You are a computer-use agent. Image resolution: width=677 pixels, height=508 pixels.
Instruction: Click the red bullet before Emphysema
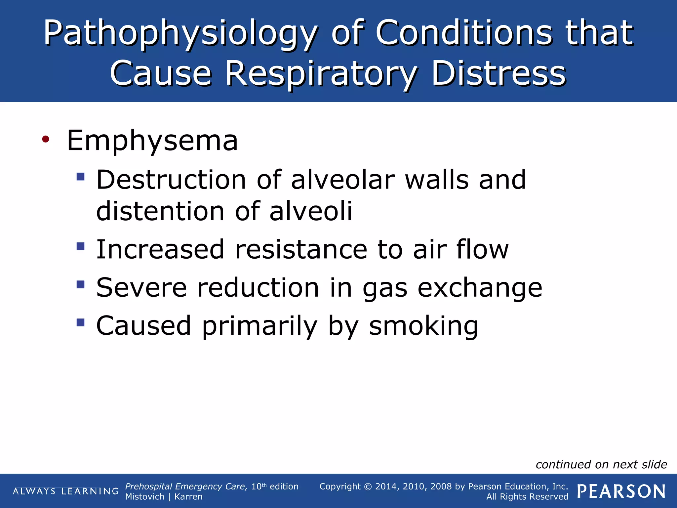pyautogui.click(x=46, y=139)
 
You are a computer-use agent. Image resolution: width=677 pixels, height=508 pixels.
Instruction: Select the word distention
pyautogui.click(x=160, y=211)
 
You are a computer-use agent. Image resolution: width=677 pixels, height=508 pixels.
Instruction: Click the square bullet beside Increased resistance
pyautogui.click(x=80, y=246)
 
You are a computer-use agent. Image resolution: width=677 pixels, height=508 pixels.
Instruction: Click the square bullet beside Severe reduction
pyautogui.click(x=80, y=284)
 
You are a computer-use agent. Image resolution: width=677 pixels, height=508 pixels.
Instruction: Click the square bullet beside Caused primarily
pyautogui.click(x=80, y=322)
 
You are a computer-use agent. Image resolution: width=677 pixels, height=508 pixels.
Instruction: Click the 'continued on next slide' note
pyautogui.click(x=601, y=465)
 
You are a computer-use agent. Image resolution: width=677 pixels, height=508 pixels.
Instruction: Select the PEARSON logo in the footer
pyautogui.click(x=621, y=491)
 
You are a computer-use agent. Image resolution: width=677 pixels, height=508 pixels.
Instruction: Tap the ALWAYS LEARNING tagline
pyautogui.click(x=65, y=491)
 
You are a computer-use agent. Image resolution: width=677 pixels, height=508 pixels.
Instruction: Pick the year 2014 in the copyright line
pyautogui.click(x=386, y=487)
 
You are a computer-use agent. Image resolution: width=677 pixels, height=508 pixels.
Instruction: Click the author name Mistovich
pyautogui.click(x=145, y=497)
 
